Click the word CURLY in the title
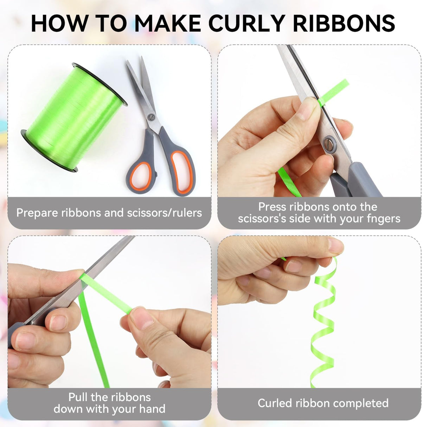[x=246, y=23]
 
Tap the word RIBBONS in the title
[x=344, y=23]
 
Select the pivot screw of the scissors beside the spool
[x=152, y=117]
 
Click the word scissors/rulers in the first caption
[x=164, y=213]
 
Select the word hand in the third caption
[x=152, y=409]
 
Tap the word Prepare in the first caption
[x=37, y=213]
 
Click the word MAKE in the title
[x=167, y=23]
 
